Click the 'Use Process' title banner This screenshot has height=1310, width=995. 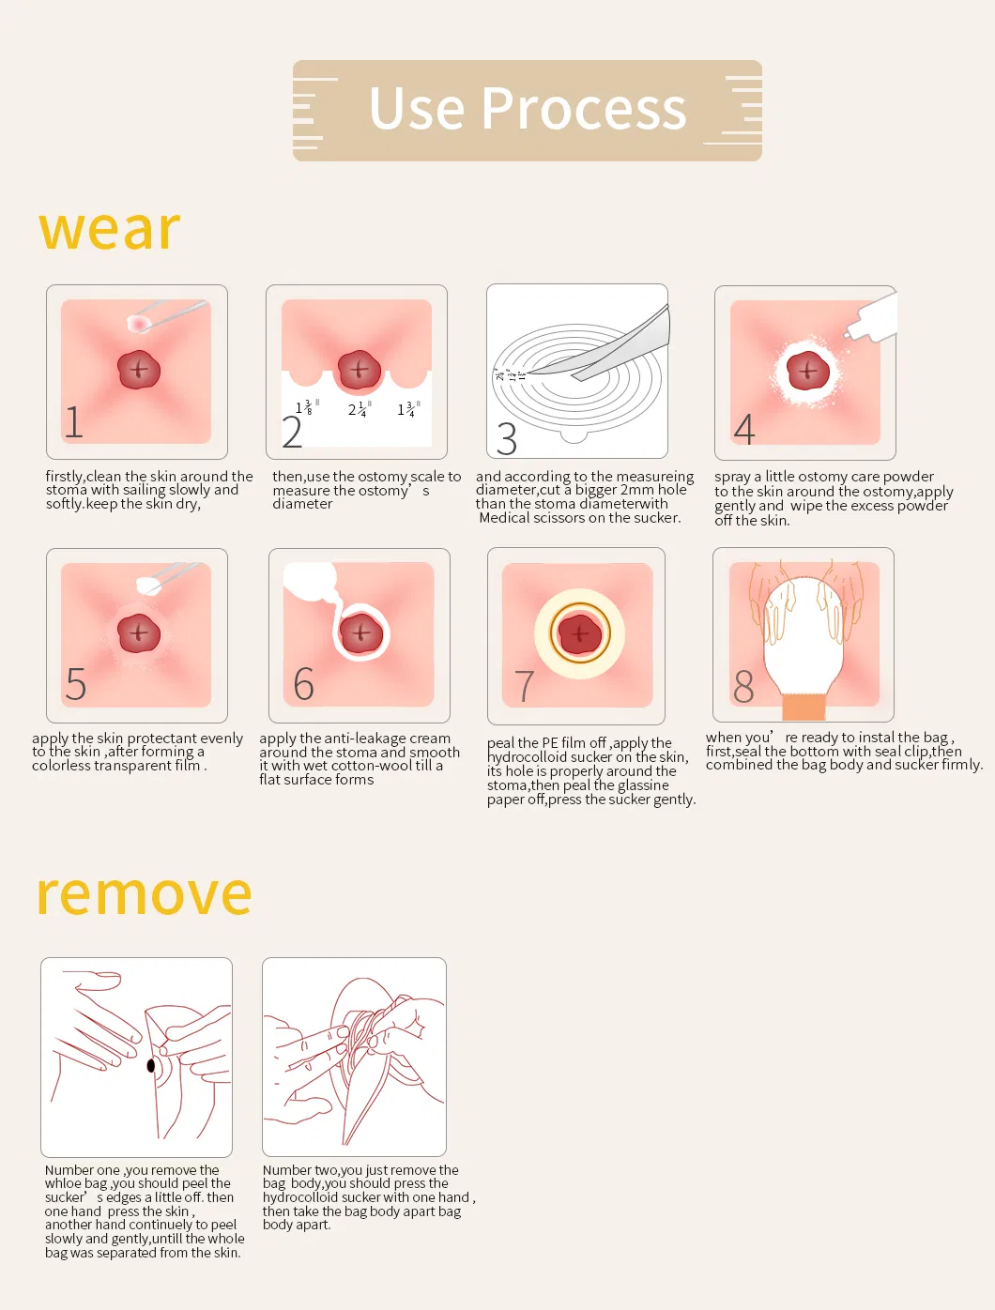pyautogui.click(x=527, y=110)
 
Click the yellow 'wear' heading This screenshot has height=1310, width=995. pyautogui.click(x=109, y=230)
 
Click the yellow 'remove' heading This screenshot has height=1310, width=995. pyautogui.click(x=144, y=893)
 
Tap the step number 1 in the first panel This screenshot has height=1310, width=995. pyautogui.click(x=74, y=421)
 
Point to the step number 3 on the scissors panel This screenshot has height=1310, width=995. pyautogui.click(x=507, y=438)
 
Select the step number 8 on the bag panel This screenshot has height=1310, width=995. pyautogui.click(x=743, y=687)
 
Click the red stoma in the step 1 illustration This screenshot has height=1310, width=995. pyautogui.click(x=139, y=370)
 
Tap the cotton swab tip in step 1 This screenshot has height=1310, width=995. pyautogui.click(x=139, y=323)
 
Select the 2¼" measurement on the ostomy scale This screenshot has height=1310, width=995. pyautogui.click(x=359, y=409)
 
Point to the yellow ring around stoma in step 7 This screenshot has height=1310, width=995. pyautogui.click(x=580, y=634)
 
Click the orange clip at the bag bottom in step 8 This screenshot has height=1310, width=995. pyautogui.click(x=804, y=707)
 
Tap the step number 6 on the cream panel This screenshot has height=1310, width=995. pyautogui.click(x=303, y=684)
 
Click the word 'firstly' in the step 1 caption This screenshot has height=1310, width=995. pyautogui.click(x=65, y=477)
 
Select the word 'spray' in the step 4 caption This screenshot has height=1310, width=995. pyautogui.click(x=732, y=477)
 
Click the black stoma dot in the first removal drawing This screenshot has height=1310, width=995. pyautogui.click(x=150, y=1066)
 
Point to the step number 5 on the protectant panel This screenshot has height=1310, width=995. pyautogui.click(x=76, y=684)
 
